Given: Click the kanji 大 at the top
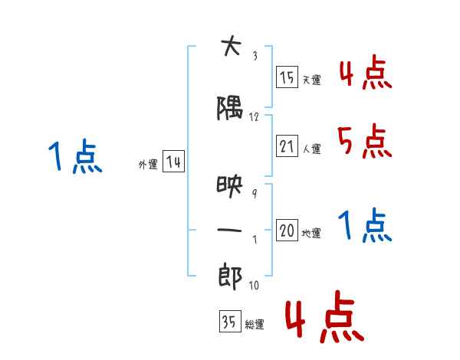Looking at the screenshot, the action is click(x=232, y=45).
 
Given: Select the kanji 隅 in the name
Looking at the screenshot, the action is click(x=230, y=108).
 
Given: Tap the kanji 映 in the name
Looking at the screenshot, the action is click(x=230, y=186).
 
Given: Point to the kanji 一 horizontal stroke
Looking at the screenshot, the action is click(x=229, y=230).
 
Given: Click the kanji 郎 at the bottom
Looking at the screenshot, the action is click(x=230, y=277).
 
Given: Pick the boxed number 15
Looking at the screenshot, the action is click(x=287, y=77).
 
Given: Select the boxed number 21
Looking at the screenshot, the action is click(x=287, y=146).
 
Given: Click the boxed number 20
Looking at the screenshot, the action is click(x=287, y=230).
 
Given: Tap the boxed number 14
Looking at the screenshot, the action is click(x=173, y=161).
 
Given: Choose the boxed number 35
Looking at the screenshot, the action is click(x=230, y=321).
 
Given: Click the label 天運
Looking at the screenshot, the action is click(x=311, y=80).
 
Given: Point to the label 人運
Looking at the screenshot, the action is click(x=311, y=149).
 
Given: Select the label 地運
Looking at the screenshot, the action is click(x=311, y=233).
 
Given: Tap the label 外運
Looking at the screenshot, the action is click(x=148, y=165).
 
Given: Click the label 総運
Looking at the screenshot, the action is click(x=255, y=325).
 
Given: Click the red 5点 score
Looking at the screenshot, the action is click(x=364, y=141).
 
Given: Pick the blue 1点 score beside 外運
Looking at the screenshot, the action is click(x=75, y=156).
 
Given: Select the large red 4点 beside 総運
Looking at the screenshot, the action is click(x=324, y=316).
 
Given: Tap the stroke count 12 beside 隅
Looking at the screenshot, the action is click(x=254, y=117).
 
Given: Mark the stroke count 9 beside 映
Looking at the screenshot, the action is click(x=255, y=194).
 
